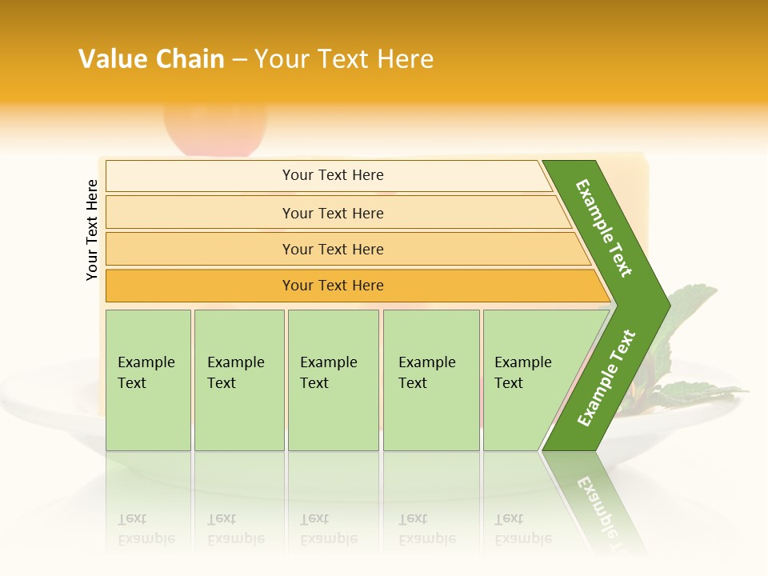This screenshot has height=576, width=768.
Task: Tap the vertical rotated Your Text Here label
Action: point(92,230)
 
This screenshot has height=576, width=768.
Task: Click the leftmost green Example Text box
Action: point(148,380)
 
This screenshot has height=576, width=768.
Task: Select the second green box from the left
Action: point(238,380)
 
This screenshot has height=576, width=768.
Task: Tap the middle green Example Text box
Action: point(333,380)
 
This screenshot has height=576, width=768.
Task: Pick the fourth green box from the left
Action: point(430,380)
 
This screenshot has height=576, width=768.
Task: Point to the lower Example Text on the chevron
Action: point(606,378)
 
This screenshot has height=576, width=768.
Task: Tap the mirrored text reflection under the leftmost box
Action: point(146,530)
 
